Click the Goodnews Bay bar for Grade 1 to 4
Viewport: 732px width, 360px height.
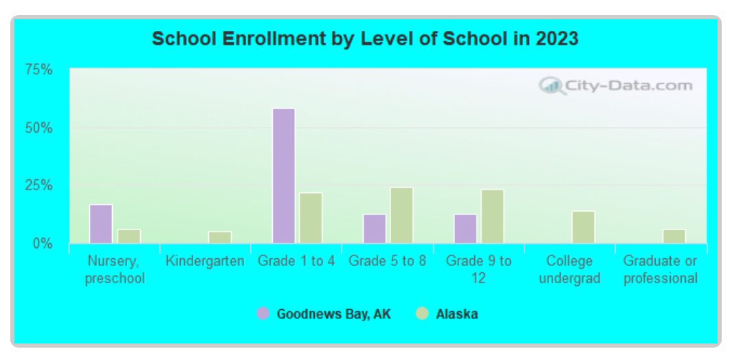tap(284, 176)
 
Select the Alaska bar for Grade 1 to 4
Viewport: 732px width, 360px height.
tap(311, 218)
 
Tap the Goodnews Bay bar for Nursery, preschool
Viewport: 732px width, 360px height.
tap(101, 224)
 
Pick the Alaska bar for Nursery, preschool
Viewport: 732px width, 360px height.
tap(129, 236)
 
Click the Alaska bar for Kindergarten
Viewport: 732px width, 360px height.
tap(220, 237)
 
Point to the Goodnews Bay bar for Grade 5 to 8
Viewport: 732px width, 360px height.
tap(375, 229)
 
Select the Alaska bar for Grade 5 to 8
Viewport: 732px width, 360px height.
tap(401, 215)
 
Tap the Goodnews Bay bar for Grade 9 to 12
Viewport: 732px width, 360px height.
tap(465, 229)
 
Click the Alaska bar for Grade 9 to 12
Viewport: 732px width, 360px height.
tap(492, 216)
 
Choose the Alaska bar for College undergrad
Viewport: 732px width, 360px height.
tap(583, 227)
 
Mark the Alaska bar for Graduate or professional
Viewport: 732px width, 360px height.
tap(674, 236)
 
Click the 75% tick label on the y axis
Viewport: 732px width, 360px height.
tap(38, 69)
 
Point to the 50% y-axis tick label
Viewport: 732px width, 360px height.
tap(38, 128)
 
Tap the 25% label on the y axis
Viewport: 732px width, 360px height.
tap(38, 185)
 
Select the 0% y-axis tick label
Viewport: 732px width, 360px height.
tap(42, 243)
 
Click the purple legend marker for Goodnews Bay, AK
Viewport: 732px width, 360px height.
tap(263, 314)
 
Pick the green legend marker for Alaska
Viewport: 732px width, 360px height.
tap(422, 314)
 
